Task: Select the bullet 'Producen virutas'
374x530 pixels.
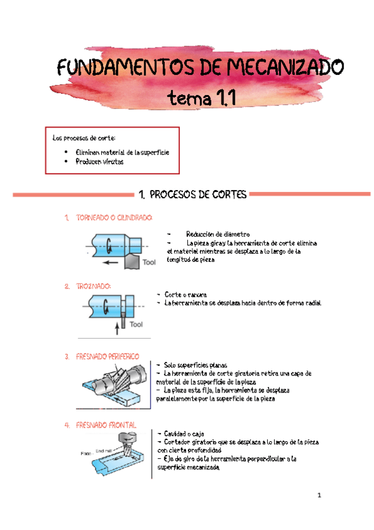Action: [100, 161]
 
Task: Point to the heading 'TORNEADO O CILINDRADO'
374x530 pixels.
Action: [114, 218]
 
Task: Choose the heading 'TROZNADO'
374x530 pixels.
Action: [93, 286]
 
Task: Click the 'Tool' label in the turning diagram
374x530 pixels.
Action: [149, 262]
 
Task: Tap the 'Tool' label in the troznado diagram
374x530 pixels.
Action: [136, 324]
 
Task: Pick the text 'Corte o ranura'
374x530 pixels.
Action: [185, 294]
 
